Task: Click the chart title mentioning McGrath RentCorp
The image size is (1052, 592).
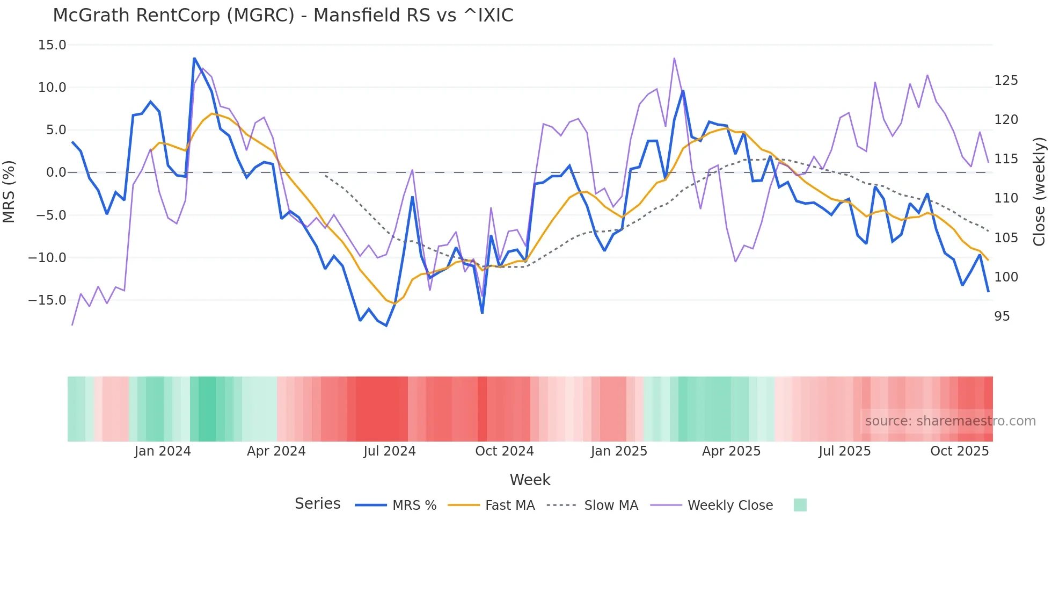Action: point(283,16)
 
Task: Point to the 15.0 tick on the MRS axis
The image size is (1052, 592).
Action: point(52,45)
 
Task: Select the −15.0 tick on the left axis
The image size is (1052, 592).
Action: point(47,300)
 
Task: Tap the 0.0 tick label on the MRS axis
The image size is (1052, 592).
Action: point(56,172)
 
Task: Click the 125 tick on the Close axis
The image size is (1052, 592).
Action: point(1006,81)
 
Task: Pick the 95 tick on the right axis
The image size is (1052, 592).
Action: point(1002,316)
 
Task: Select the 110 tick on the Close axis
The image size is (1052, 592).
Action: point(1006,198)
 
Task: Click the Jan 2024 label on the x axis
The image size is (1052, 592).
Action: point(162,451)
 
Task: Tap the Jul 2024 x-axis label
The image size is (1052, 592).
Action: point(389,451)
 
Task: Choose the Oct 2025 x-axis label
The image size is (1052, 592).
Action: point(959,451)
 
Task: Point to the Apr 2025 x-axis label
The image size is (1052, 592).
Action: point(731,451)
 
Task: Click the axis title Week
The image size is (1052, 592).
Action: point(530,480)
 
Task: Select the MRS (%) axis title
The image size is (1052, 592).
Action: point(9,191)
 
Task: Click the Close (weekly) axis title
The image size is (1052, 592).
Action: point(1040,191)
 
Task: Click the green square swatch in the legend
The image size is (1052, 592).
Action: point(800,505)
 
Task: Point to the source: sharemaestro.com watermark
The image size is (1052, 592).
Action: point(950,421)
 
